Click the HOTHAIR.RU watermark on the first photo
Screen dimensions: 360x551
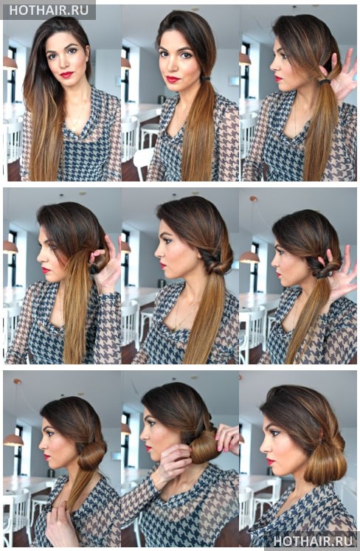coord(49,10)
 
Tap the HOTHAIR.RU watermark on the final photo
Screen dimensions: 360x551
coord(313,540)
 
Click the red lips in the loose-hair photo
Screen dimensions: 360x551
coord(66,74)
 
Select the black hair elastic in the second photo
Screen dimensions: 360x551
coord(205,78)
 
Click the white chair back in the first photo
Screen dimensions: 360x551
coord(13,141)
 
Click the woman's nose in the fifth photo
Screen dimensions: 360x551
coord(158,251)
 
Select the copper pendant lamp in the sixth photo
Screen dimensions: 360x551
coord(249,257)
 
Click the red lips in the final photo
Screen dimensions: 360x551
coord(270,461)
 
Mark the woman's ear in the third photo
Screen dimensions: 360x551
coord(323,72)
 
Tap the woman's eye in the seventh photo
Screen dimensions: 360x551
coord(49,433)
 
